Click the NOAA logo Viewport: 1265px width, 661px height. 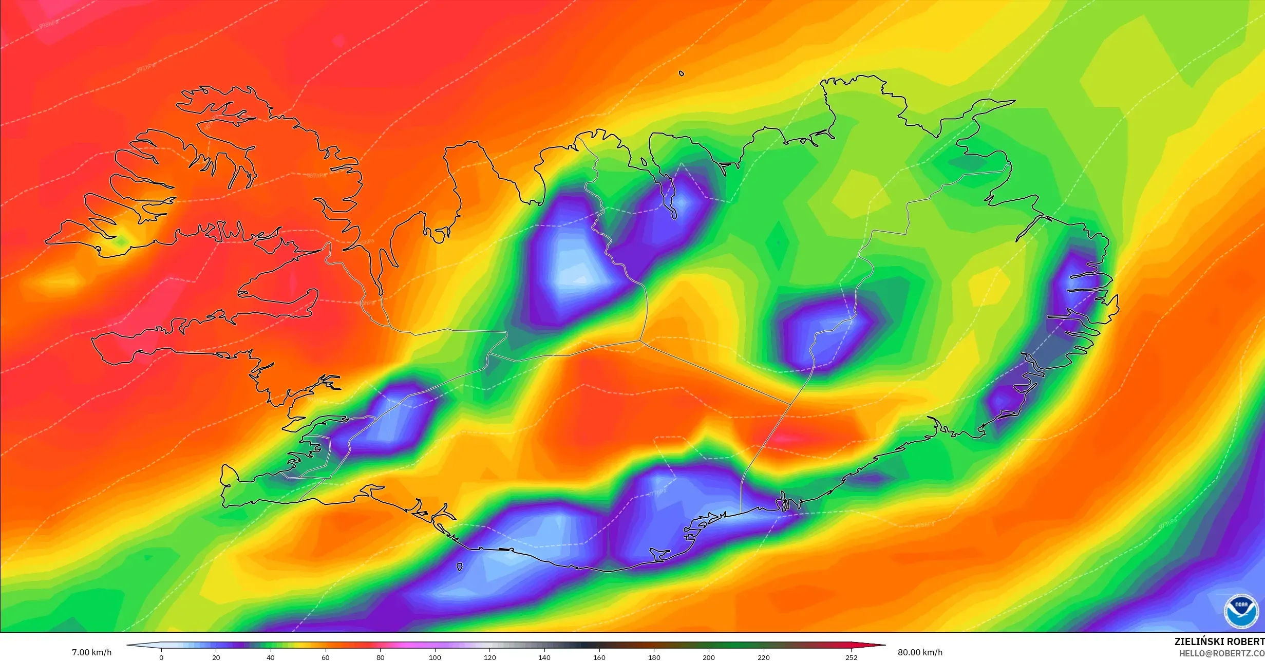pos(1241,612)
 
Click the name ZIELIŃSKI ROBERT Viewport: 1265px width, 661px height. pos(1219,642)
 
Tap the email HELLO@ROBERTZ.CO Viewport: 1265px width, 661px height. pos(1221,654)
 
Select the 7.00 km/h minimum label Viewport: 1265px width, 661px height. pos(91,652)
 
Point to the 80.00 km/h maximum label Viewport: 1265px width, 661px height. pos(920,652)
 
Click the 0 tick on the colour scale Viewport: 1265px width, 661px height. pos(161,657)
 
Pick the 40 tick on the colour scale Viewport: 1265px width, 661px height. pos(271,657)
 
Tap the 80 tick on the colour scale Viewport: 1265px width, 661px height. pos(380,657)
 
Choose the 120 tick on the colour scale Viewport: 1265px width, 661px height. pos(489,657)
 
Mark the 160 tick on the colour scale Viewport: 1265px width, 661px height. pos(599,657)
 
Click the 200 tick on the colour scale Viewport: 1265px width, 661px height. pos(709,657)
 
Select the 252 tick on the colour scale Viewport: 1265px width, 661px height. pos(851,657)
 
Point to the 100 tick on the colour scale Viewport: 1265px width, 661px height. pos(435,657)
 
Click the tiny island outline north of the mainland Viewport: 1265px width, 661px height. pos(682,73)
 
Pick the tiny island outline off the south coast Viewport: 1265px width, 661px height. pos(459,566)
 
